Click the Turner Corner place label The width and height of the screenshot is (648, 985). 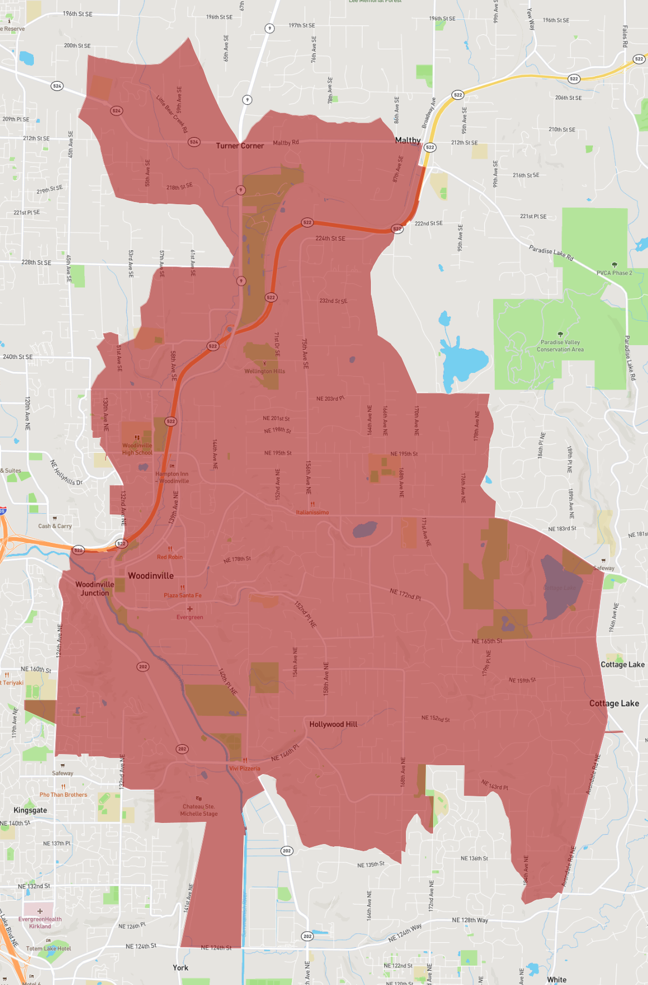pyautogui.click(x=240, y=146)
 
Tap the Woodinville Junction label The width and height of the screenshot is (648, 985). pyautogui.click(x=95, y=589)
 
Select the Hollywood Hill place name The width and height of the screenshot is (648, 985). pyautogui.click(x=333, y=724)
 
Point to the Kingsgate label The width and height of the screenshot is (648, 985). pyautogui.click(x=30, y=810)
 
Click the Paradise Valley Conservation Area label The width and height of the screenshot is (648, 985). pyautogui.click(x=560, y=346)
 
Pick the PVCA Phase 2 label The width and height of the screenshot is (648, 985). pyautogui.click(x=614, y=272)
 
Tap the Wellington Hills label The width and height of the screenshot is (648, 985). pyautogui.click(x=264, y=371)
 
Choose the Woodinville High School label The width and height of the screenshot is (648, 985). pyautogui.click(x=137, y=449)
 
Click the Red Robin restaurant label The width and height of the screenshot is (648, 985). pyautogui.click(x=169, y=557)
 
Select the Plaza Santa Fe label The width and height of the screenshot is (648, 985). pyautogui.click(x=183, y=595)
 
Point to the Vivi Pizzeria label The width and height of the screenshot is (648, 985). pyautogui.click(x=245, y=769)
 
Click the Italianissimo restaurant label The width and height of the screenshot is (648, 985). pyautogui.click(x=312, y=512)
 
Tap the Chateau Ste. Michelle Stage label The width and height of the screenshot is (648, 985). pyautogui.click(x=199, y=810)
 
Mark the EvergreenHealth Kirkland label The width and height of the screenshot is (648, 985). pyautogui.click(x=40, y=922)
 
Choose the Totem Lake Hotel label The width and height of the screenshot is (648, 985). pyautogui.click(x=48, y=948)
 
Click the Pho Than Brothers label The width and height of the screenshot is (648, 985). pyautogui.click(x=63, y=795)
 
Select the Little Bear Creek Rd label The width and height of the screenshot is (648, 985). pyautogui.click(x=172, y=114)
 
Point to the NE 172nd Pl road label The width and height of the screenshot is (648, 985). pyautogui.click(x=405, y=595)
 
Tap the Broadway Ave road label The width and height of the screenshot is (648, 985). pyautogui.click(x=429, y=113)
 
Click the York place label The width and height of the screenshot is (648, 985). pyautogui.click(x=180, y=968)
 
